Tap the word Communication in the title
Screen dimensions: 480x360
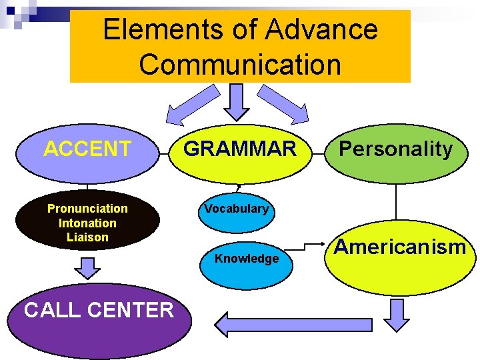(240, 65)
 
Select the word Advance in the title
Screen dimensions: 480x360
(321, 30)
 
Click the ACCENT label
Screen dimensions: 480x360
(87, 149)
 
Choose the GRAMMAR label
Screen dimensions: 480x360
(239, 149)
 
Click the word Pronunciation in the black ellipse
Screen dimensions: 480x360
(87, 209)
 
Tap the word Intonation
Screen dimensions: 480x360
(87, 223)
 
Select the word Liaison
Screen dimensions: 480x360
(87, 237)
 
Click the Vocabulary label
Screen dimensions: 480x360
(237, 209)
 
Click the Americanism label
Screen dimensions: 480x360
(400, 247)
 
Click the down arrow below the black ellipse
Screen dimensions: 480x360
(87, 268)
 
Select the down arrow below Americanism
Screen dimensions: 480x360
(397, 314)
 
